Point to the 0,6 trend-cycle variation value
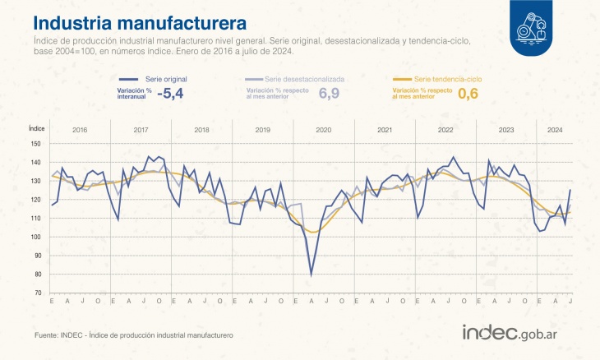[x=468, y=94]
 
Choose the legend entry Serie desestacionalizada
[x=305, y=78]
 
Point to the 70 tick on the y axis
[x=36, y=293]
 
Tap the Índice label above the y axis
[x=36, y=128]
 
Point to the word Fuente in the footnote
[x=47, y=335]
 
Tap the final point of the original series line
[x=570, y=191]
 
